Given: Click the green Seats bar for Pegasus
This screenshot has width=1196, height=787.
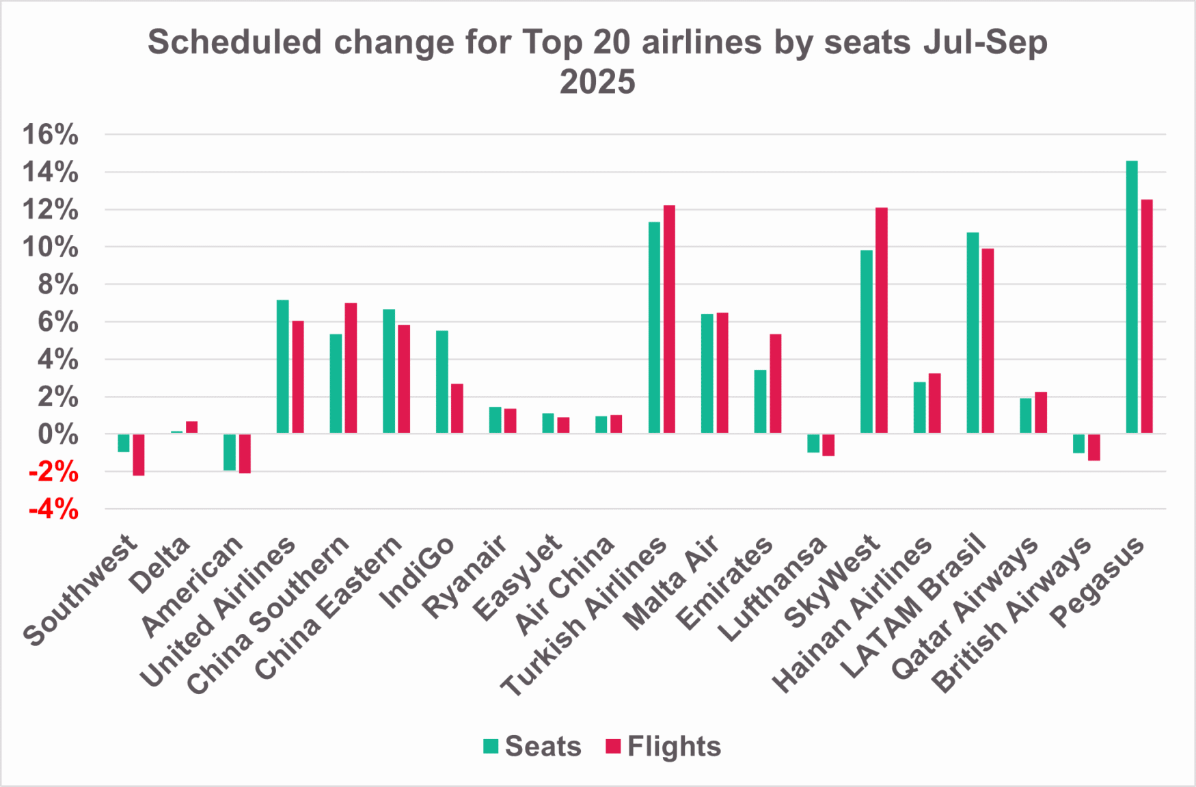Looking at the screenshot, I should click(x=1132, y=297).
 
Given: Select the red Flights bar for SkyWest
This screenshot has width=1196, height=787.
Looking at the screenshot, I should click(x=882, y=320).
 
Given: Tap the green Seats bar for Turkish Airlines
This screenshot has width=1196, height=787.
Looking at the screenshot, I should click(x=655, y=328).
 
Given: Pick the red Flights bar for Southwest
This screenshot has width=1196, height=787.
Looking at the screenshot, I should click(x=139, y=455).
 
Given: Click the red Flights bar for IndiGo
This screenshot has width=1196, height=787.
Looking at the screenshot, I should click(x=457, y=408).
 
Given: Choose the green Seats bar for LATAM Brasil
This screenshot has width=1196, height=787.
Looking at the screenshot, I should click(x=973, y=332).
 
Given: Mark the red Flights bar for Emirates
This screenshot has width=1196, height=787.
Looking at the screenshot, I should click(x=776, y=384).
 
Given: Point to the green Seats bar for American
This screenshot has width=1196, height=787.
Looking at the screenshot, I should click(x=230, y=452).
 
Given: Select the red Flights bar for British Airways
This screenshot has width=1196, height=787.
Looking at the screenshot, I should click(x=1094, y=447).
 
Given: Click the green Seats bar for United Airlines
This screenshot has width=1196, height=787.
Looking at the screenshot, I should click(x=283, y=366).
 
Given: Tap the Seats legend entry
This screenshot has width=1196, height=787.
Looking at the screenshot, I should click(x=532, y=746).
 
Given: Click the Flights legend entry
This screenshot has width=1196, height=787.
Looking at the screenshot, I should click(x=664, y=746).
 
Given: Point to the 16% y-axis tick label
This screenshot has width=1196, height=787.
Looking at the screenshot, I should click(x=51, y=135).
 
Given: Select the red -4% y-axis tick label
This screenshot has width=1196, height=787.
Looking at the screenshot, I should click(x=53, y=509).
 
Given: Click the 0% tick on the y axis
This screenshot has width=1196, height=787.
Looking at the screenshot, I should click(x=57, y=434).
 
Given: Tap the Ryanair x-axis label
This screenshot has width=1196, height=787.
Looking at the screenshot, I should click(x=465, y=576).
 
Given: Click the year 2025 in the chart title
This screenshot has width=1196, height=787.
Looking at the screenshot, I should click(x=597, y=82).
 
